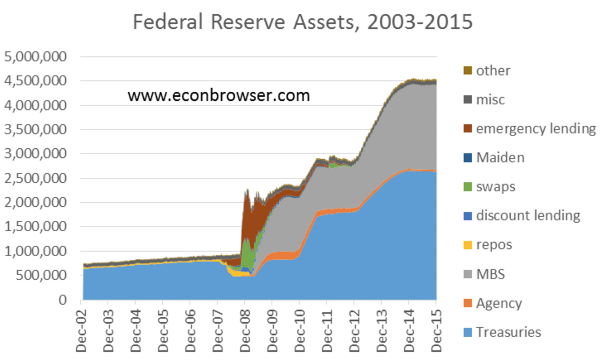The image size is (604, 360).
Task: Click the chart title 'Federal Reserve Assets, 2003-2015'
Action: click(302, 22)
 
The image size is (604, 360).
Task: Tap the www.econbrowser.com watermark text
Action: click(219, 95)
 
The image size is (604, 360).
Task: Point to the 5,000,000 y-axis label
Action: click(35, 57)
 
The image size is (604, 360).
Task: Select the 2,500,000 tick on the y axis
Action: click(35, 178)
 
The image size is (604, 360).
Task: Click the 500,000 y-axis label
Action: click(41, 275)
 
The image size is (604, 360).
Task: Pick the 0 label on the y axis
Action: click(62, 300)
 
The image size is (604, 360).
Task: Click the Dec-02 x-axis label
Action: click(81, 331)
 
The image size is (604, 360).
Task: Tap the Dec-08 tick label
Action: click(245, 331)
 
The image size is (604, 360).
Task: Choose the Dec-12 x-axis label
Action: click(354, 331)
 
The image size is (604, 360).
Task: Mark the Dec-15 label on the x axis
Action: click(436, 331)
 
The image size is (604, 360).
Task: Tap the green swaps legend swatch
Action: click(468, 187)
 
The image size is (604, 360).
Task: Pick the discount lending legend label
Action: click(528, 216)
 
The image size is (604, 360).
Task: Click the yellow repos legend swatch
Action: click(468, 245)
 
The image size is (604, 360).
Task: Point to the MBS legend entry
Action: click(490, 274)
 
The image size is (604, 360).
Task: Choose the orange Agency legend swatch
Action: click(468, 303)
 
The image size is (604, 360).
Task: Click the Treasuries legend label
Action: click(508, 332)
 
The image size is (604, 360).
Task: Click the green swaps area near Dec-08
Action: click(248, 253)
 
